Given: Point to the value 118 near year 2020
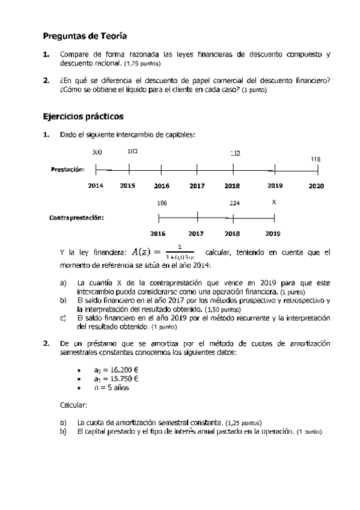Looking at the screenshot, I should click(315, 159).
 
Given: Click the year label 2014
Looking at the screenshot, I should click(96, 186).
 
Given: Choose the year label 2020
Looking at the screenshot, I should click(316, 186).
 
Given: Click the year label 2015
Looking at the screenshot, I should click(127, 186).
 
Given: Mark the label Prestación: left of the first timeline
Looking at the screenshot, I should click(67, 170).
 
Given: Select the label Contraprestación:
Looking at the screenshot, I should click(76, 218).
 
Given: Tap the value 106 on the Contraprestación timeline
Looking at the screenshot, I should click(162, 203).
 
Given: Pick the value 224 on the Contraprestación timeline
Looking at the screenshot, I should click(234, 203).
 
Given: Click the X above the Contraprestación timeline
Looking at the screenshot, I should click(274, 203).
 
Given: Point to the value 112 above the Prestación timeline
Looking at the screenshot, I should click(235, 153).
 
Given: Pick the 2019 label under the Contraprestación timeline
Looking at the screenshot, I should click(273, 233).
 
